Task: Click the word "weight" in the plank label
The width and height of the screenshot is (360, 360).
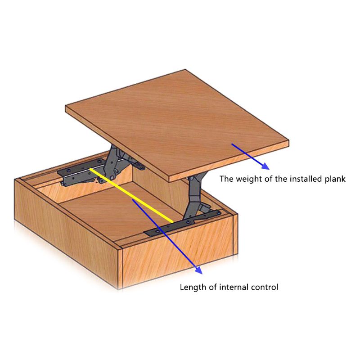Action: point(249,179)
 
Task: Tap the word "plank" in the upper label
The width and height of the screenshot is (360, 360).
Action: point(335,179)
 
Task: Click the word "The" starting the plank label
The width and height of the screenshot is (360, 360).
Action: point(227,179)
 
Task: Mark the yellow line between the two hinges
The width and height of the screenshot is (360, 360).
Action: point(131,195)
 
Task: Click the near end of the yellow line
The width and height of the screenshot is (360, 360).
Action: point(172,222)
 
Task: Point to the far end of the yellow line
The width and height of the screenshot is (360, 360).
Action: point(91,169)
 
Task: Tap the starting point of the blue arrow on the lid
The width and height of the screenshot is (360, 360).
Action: point(232,144)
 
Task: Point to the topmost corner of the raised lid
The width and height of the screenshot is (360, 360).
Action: point(185,70)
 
